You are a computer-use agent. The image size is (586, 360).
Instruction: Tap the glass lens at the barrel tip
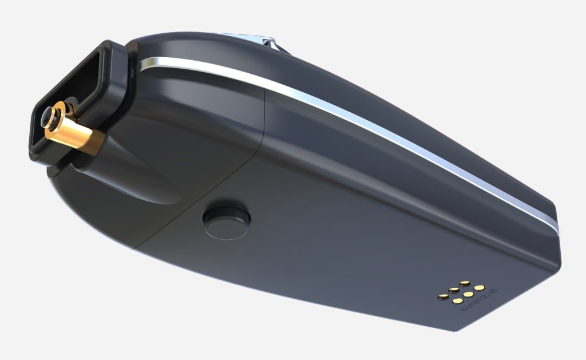(45, 117)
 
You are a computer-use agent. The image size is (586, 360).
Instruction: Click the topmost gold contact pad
(465, 283)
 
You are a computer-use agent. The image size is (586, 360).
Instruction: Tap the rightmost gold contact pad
(480, 287)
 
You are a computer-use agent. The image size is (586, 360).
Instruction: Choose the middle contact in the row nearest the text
(468, 294)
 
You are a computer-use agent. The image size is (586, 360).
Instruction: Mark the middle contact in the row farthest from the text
(453, 290)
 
